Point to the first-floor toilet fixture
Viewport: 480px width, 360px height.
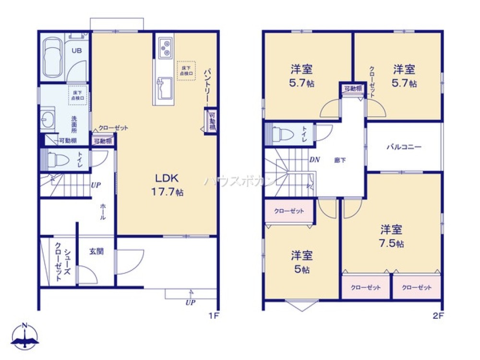(54, 159)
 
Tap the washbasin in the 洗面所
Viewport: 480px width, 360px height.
(47, 120)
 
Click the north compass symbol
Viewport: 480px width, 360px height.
(25, 336)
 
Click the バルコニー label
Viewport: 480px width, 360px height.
(404, 147)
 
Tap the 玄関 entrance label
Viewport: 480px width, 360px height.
(96, 251)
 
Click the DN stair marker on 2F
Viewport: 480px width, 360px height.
(314, 160)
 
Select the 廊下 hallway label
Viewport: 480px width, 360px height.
(340, 160)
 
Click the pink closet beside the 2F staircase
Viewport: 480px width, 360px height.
(289, 211)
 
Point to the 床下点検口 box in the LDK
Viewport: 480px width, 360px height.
(186, 70)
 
